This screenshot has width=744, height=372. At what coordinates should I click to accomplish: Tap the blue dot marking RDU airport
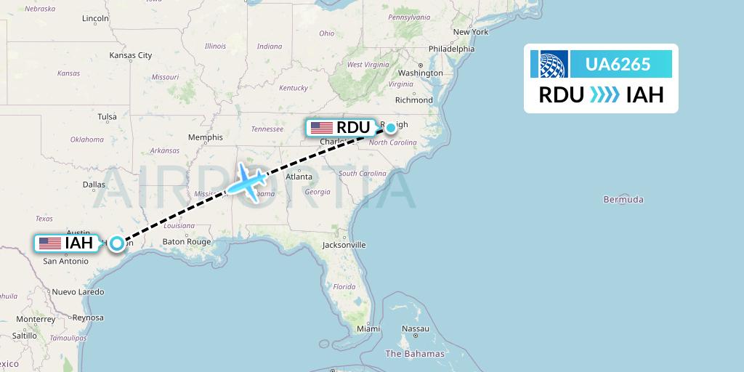[x=391, y=128]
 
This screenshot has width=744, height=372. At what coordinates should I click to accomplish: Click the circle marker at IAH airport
[x=116, y=243]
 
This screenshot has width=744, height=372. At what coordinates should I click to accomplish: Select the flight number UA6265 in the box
[x=618, y=64]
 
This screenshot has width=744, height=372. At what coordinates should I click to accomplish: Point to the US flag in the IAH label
[x=50, y=243]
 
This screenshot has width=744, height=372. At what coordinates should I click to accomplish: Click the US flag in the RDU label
[x=321, y=128]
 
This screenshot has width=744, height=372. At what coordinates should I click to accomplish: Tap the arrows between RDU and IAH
[x=605, y=95]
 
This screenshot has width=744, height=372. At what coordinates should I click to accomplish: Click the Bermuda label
[x=623, y=199]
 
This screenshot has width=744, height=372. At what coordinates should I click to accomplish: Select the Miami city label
[x=368, y=328]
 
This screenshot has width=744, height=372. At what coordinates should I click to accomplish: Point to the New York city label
[x=470, y=32]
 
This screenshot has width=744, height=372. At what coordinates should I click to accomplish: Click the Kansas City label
[x=130, y=55]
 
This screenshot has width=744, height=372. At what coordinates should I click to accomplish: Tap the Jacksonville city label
[x=344, y=245]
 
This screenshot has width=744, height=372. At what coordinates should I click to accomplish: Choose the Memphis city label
[x=205, y=137]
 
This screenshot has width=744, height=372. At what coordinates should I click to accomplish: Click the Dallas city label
[x=94, y=185]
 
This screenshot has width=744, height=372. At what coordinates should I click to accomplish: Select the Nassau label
[x=416, y=328]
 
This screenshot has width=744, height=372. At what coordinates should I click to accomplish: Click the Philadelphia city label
[x=451, y=49]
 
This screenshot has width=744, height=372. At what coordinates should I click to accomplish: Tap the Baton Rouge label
[x=187, y=242]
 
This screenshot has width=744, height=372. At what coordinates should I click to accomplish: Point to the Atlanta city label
[x=299, y=177]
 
